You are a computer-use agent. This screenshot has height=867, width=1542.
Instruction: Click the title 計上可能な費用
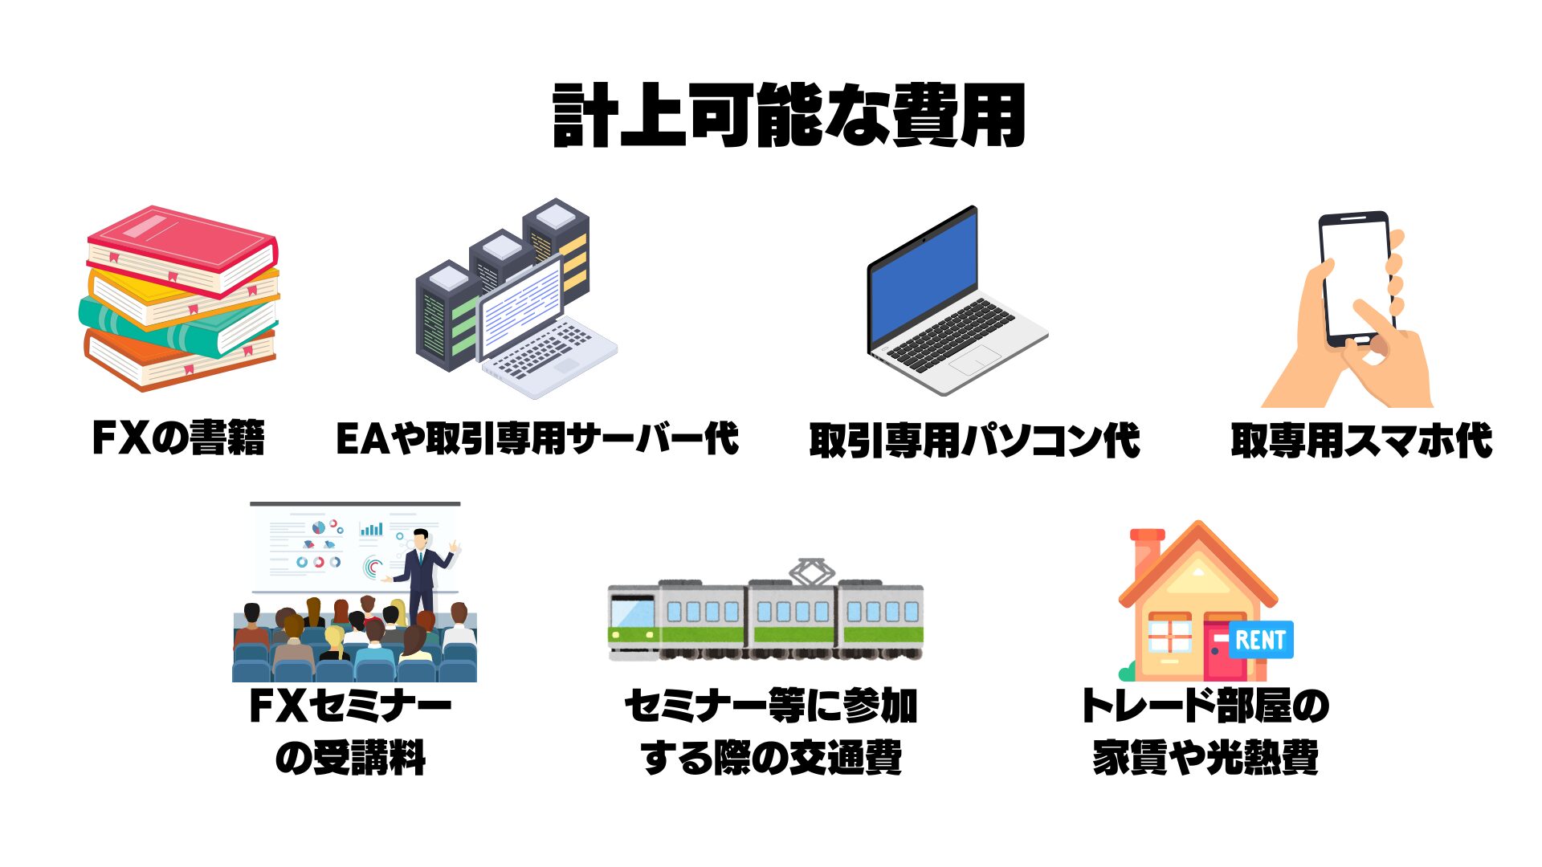pyautogui.click(x=789, y=116)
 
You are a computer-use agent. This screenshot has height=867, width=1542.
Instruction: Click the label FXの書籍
pyautogui.click(x=178, y=438)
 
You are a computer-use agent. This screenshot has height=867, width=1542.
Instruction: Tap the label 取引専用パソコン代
pyautogui.click(x=974, y=440)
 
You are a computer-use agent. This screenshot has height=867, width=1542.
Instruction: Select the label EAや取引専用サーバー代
pyautogui.click(x=536, y=438)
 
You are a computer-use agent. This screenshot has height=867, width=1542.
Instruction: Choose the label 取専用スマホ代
pyautogui.click(x=1361, y=440)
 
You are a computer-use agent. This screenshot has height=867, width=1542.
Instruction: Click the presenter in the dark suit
pyautogui.click(x=421, y=574)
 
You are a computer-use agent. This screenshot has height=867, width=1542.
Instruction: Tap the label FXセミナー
pyautogui.click(x=350, y=706)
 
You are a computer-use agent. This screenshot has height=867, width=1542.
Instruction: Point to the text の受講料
pyautogui.click(x=350, y=758)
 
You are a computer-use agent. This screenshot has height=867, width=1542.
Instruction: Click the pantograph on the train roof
pyautogui.click(x=811, y=571)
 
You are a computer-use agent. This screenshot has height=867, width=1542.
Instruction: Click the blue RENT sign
pyautogui.click(x=1260, y=640)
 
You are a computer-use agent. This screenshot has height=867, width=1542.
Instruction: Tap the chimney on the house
pyautogui.click(x=1147, y=550)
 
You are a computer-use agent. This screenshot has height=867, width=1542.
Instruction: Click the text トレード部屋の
pyautogui.click(x=1205, y=706)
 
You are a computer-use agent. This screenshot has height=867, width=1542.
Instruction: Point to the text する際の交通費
pyautogui.click(x=771, y=758)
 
